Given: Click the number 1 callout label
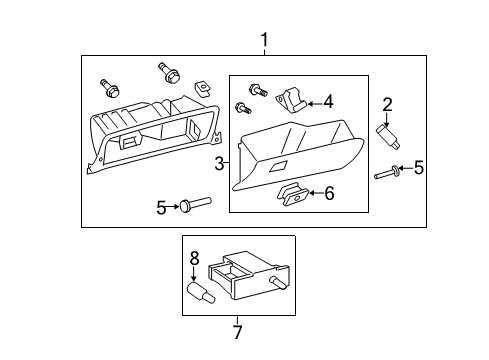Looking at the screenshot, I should coord(264,39).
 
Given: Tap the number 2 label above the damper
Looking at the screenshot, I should coord(388,103).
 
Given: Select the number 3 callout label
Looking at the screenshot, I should coord(219,162).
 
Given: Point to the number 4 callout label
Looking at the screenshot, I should coord(328,101).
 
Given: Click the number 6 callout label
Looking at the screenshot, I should coord(328,193).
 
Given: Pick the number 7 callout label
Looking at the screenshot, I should coord(237,332).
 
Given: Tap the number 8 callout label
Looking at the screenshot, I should coord(195,257).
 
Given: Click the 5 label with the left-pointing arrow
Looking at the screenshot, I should coord(419,167).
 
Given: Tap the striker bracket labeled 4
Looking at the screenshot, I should coord(293,99).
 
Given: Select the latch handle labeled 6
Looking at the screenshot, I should coord(293,194).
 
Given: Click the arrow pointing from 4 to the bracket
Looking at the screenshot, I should coord(312,101).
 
